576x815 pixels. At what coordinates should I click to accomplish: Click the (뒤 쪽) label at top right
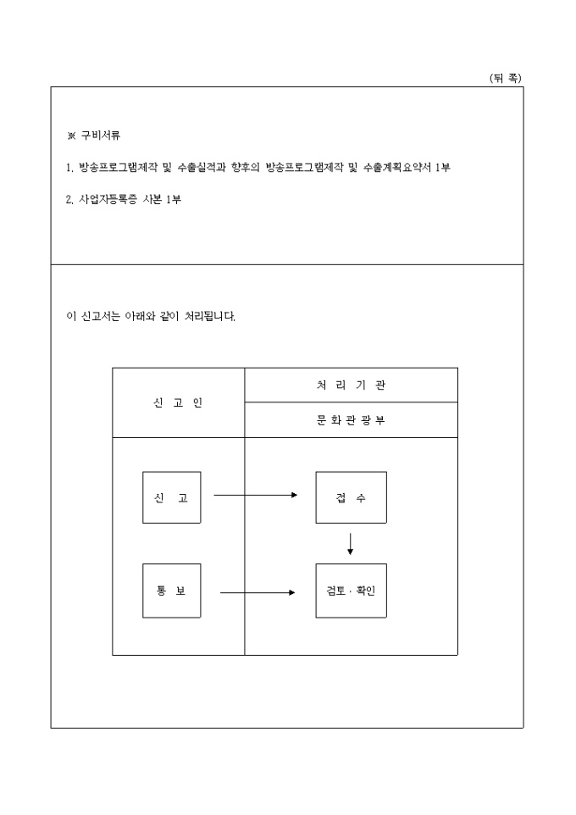pyautogui.click(x=506, y=78)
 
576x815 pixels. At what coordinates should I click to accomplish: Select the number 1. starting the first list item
pyautogui.click(x=69, y=168)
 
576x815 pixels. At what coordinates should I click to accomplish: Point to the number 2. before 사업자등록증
pyautogui.click(x=69, y=200)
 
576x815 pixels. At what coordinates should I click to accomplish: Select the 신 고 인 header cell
pyautogui.click(x=178, y=402)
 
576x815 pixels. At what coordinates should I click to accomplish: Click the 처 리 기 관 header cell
pyautogui.click(x=351, y=385)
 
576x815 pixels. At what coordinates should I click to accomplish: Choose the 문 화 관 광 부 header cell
pyautogui.click(x=351, y=420)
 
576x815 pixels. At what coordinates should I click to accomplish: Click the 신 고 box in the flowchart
pyautogui.click(x=171, y=497)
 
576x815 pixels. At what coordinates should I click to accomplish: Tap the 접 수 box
pyautogui.click(x=351, y=497)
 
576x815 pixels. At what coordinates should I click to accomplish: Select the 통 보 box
pyautogui.click(x=171, y=590)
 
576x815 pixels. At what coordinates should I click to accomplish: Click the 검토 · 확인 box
pyautogui.click(x=351, y=590)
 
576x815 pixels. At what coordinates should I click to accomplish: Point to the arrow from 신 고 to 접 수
pyautogui.click(x=255, y=495)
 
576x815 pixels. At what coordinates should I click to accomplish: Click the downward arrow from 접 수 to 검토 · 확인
pyautogui.click(x=351, y=542)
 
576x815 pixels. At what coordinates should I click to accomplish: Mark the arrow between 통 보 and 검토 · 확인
pyautogui.click(x=258, y=592)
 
